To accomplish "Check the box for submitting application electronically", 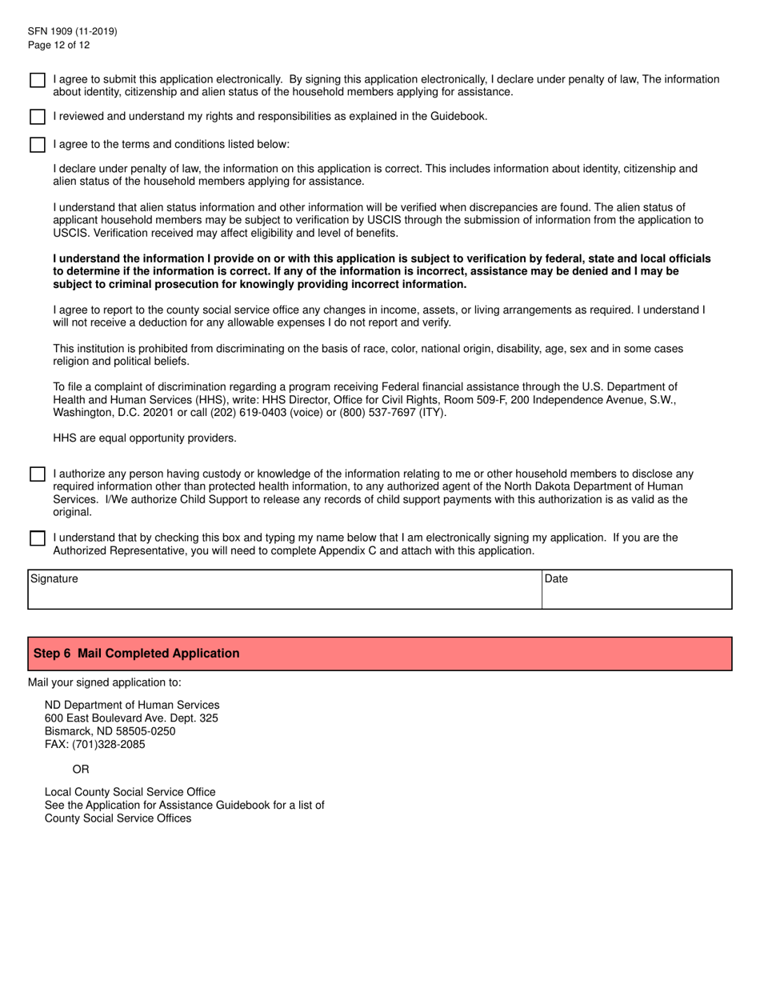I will click(x=38, y=80).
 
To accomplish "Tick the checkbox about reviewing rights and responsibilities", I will click(x=38, y=117).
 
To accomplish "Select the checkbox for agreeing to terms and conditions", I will click(x=38, y=145).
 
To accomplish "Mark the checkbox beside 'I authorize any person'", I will click(x=38, y=474).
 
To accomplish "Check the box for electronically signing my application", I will click(x=38, y=538).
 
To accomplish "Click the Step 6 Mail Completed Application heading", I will click(x=137, y=654).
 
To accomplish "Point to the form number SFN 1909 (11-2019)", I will click(x=72, y=31).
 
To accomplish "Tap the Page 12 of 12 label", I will click(x=58, y=45).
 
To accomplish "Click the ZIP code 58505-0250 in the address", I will click(x=146, y=731).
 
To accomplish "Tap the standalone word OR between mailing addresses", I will click(x=81, y=770).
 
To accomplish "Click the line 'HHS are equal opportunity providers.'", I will click(x=145, y=438).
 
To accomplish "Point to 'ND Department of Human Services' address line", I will click(x=132, y=706).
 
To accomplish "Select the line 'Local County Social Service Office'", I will click(x=130, y=792).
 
